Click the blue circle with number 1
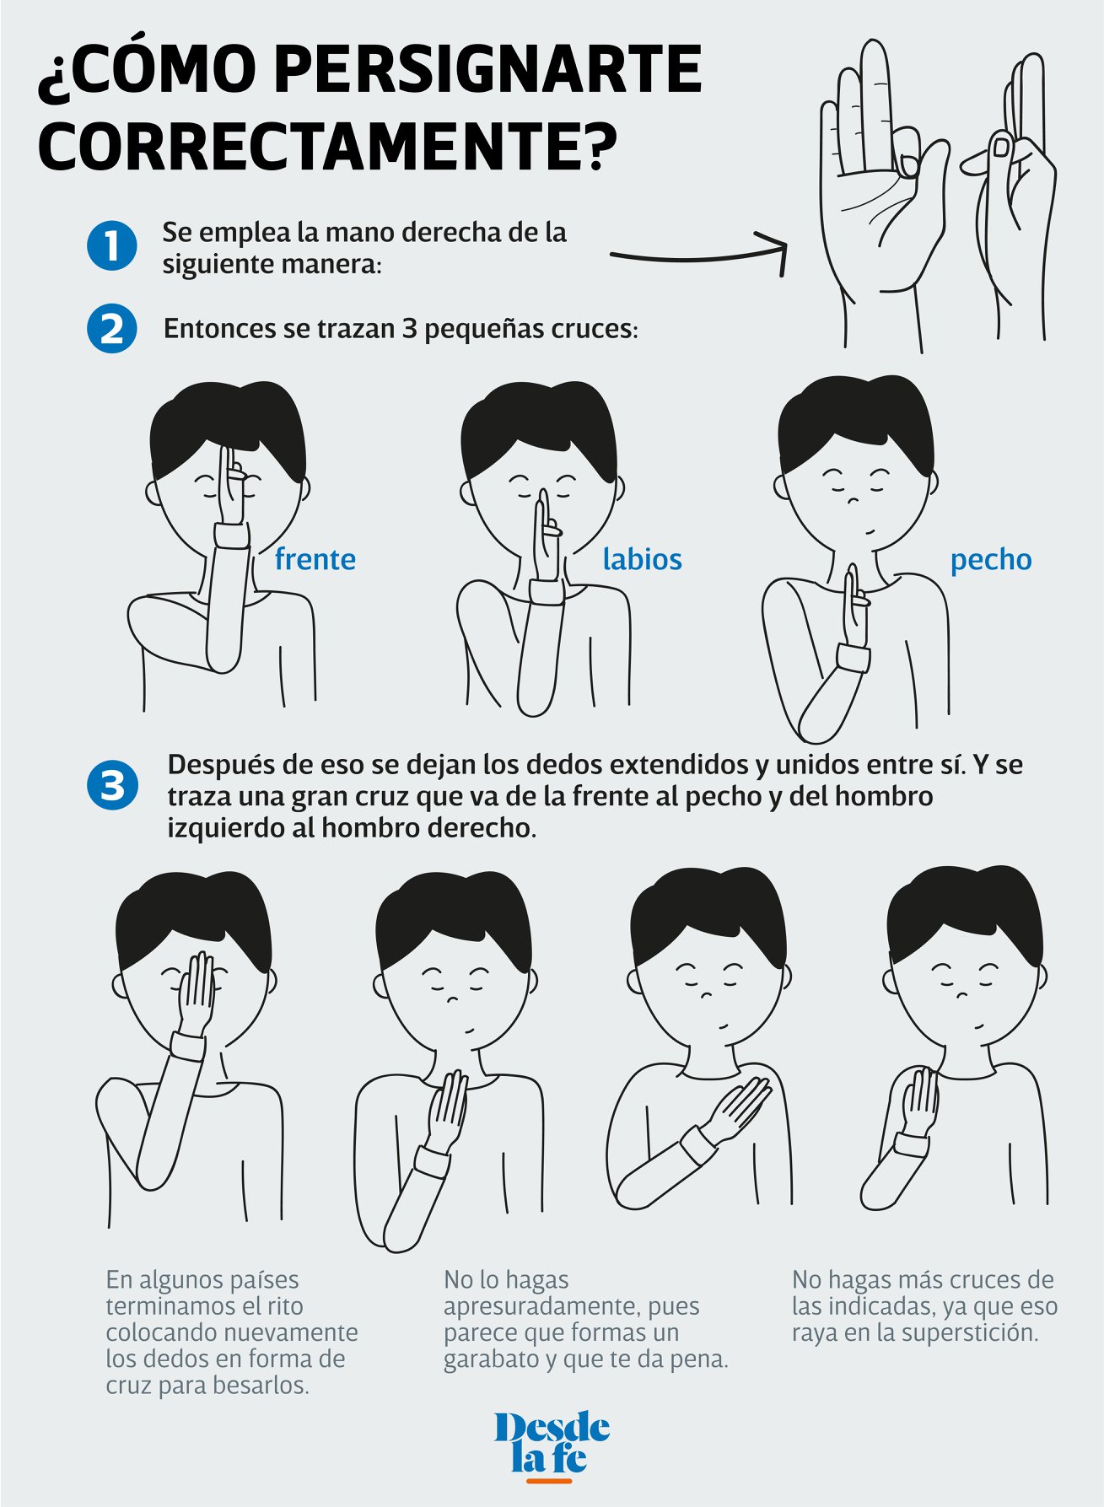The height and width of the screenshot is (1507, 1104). [x=111, y=246]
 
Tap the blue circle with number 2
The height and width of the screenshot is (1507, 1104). [x=111, y=328]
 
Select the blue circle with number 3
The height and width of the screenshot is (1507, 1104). [x=111, y=785]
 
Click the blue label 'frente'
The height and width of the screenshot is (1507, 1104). [x=315, y=559]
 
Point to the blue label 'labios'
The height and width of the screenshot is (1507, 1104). [x=642, y=559]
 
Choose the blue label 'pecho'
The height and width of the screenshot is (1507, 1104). [x=991, y=560]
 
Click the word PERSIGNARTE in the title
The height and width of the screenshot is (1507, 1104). [x=487, y=70]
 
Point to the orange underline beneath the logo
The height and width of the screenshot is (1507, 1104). [x=548, y=1480]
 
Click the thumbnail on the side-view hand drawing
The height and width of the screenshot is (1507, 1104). [x=1001, y=147]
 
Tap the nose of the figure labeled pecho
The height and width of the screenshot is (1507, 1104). [x=853, y=500]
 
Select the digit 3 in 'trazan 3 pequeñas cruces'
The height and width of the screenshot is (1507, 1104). [x=409, y=329]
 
